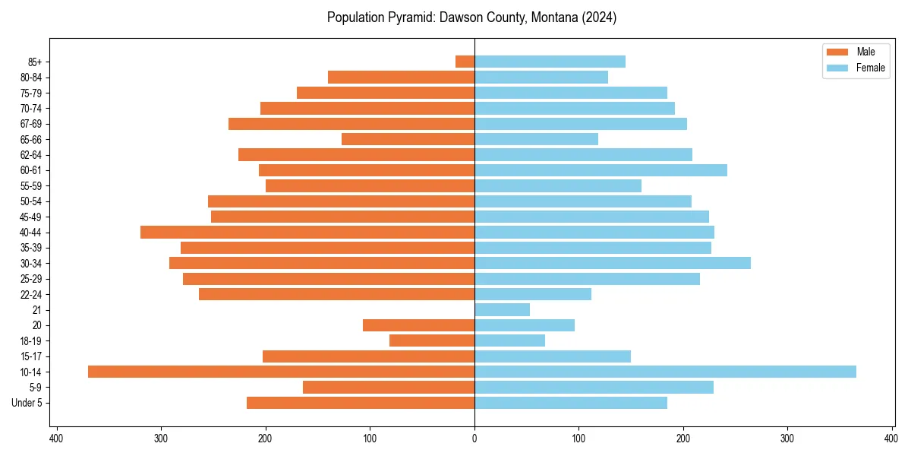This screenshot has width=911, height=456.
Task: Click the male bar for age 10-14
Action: [x=281, y=372]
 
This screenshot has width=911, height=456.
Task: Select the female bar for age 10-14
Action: [x=665, y=372]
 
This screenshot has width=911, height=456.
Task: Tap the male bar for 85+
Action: [x=465, y=62]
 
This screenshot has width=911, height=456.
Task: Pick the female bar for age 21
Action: [x=502, y=309]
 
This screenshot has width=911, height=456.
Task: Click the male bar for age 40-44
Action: [x=307, y=232]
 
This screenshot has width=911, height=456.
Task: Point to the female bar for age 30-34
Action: [x=613, y=263]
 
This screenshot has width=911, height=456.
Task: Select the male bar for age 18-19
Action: [x=432, y=340]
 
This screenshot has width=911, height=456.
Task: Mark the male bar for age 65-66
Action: [x=408, y=139]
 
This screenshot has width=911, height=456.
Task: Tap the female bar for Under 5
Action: [x=571, y=403]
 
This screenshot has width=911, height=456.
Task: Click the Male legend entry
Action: [x=865, y=52]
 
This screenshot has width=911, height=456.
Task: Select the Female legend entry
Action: [x=870, y=68]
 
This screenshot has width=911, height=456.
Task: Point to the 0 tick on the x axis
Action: [x=474, y=439]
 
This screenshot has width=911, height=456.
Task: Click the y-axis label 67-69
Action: [x=31, y=124]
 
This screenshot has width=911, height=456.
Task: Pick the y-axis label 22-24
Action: [x=31, y=294]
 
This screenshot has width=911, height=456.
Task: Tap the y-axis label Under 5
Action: [x=27, y=403]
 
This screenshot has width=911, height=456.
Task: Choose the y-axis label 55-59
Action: [x=31, y=185]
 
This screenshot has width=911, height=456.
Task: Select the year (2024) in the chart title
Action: [x=599, y=17]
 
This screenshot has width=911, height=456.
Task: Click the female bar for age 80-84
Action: [x=541, y=77]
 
